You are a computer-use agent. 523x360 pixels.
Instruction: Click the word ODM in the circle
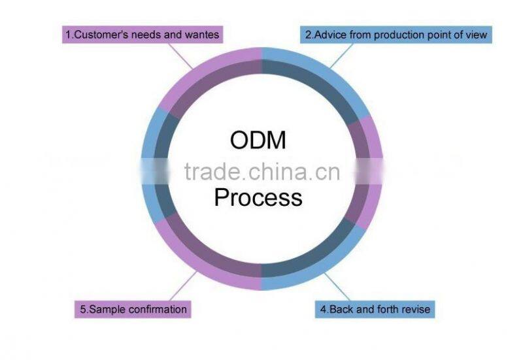click(x=258, y=140)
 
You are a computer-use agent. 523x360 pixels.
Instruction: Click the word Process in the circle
click(x=258, y=197)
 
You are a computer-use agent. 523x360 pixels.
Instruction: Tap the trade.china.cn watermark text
click(x=261, y=171)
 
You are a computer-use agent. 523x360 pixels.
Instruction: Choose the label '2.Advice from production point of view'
click(x=397, y=34)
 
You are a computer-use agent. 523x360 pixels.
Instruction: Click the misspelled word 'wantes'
click(x=203, y=34)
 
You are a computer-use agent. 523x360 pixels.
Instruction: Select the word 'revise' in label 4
click(x=416, y=308)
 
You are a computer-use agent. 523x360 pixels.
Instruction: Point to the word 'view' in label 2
click(x=475, y=34)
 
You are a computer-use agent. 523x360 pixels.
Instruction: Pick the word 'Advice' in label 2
click(x=329, y=34)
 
